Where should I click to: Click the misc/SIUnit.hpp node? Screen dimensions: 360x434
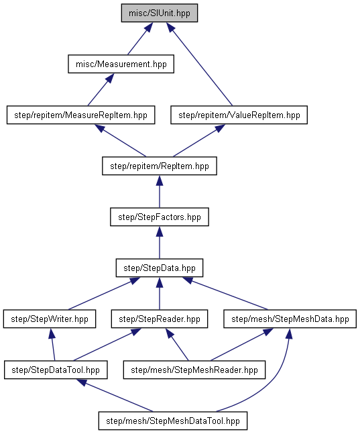tap(160, 13)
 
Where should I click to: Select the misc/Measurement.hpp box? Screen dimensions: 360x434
tap(121, 64)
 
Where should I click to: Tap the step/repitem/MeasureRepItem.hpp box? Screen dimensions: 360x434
tap(81, 115)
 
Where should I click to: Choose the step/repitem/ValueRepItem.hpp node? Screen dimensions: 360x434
tap(239, 115)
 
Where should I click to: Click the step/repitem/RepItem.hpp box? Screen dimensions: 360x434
tap(160, 166)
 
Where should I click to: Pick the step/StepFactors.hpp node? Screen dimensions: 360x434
tap(160, 217)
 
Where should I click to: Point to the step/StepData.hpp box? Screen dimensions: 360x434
tap(160, 268)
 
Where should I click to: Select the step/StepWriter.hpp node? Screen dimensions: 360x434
tap(50, 319)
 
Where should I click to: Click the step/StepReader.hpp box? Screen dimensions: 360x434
tap(160, 319)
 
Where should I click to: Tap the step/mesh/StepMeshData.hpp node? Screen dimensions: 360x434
tap(290, 319)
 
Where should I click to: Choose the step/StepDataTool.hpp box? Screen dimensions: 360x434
tap(56, 370)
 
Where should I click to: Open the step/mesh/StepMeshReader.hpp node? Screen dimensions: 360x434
tap(194, 370)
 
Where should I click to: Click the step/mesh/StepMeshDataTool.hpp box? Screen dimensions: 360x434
tap(173, 421)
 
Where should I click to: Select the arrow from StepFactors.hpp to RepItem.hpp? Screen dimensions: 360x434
tap(160, 192)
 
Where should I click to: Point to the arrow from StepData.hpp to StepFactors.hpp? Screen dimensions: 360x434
tap(160, 242)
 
